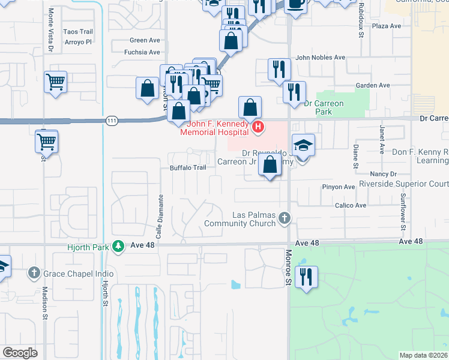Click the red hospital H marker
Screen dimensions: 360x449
258,126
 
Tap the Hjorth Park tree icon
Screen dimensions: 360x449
119,245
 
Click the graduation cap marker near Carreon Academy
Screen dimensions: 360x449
303,145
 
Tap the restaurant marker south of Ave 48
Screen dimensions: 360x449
307,277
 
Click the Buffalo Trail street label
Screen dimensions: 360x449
188,168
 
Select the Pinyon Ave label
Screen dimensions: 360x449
340,187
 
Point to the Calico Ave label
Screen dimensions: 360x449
352,205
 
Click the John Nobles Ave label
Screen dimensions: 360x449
321,58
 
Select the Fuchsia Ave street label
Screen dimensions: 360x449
142,52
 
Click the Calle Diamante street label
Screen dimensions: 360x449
161,211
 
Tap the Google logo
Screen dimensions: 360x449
20,353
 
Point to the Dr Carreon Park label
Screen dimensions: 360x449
324,107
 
